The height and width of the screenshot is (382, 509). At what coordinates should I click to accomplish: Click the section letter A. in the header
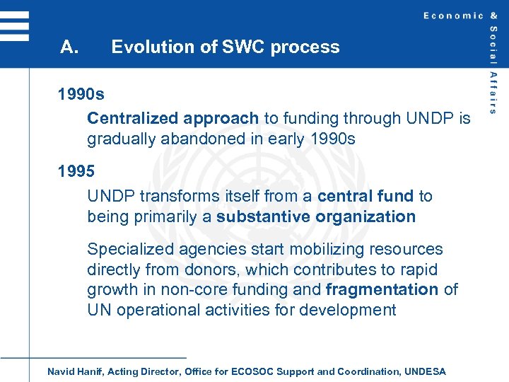coord(69,47)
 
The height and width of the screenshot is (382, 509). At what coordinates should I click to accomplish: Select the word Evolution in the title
coord(146,47)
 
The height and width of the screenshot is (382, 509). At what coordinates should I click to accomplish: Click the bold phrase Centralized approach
coord(172,118)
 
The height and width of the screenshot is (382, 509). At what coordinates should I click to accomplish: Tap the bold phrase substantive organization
coord(316,216)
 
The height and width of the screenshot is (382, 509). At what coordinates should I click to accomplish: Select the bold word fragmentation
coord(382,289)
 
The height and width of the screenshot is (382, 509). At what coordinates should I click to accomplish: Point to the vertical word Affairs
coord(493,92)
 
